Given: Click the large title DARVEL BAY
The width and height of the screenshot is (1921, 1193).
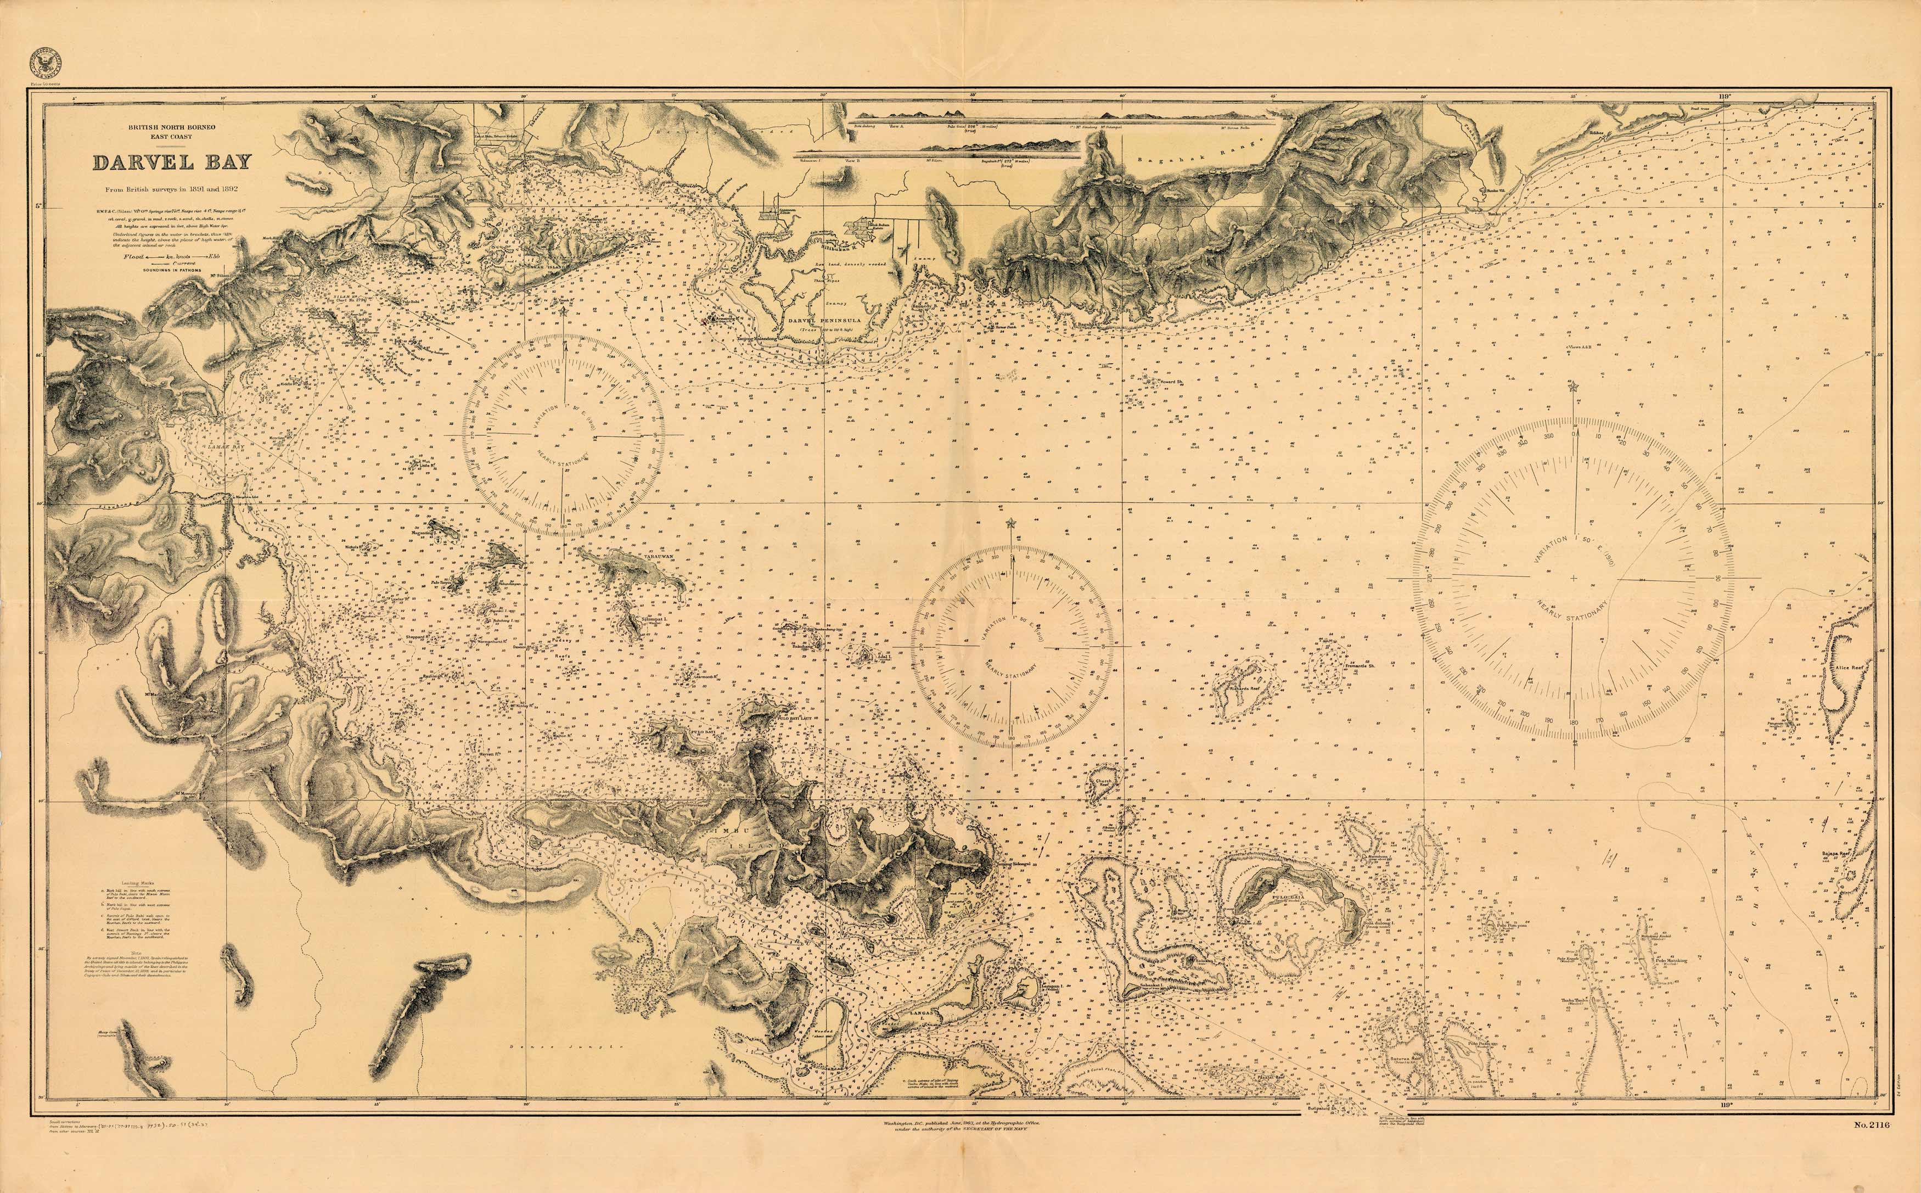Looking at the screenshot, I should (x=172, y=163).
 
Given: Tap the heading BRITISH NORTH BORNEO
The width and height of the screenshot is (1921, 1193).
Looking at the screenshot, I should (x=172, y=127).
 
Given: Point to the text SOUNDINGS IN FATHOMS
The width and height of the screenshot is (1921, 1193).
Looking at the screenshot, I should (x=172, y=270).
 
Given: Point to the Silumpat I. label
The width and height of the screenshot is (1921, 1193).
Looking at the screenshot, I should (x=655, y=620).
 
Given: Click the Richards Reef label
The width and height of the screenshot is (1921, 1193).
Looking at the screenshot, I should (x=1244, y=688).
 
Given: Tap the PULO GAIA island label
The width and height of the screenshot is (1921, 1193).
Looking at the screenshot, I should (x=1291, y=897).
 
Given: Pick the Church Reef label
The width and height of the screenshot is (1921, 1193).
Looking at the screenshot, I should (x=1103, y=785).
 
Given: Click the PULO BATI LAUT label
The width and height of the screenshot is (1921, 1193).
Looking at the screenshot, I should (x=795, y=720).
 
